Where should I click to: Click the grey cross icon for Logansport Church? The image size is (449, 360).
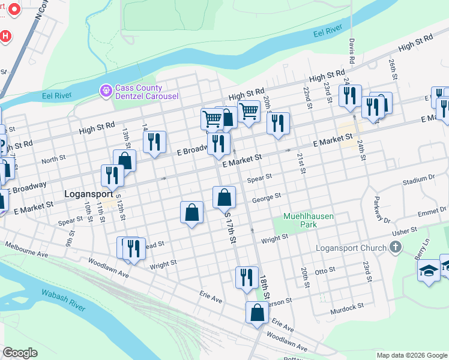[x=395, y=247]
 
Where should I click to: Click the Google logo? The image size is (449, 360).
[x=20, y=353]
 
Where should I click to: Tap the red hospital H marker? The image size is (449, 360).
[x=5, y=36]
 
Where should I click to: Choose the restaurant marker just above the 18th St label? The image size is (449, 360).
[x=247, y=278]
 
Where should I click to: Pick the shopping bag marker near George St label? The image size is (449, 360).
[x=224, y=197]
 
